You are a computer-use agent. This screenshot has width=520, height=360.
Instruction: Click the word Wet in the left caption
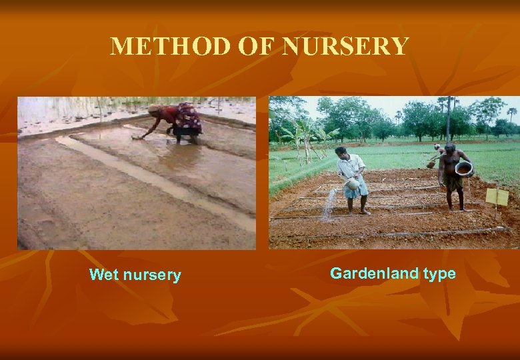[x=103, y=275]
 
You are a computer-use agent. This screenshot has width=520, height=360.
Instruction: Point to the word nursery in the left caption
[x=151, y=275]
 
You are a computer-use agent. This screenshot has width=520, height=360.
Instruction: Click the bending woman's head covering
[x=155, y=109]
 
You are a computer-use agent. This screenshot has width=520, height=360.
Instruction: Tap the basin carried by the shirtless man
[x=464, y=168]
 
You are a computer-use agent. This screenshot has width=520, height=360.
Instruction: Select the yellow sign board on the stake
[x=497, y=196]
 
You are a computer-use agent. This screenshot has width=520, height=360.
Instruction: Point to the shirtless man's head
[x=449, y=148]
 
